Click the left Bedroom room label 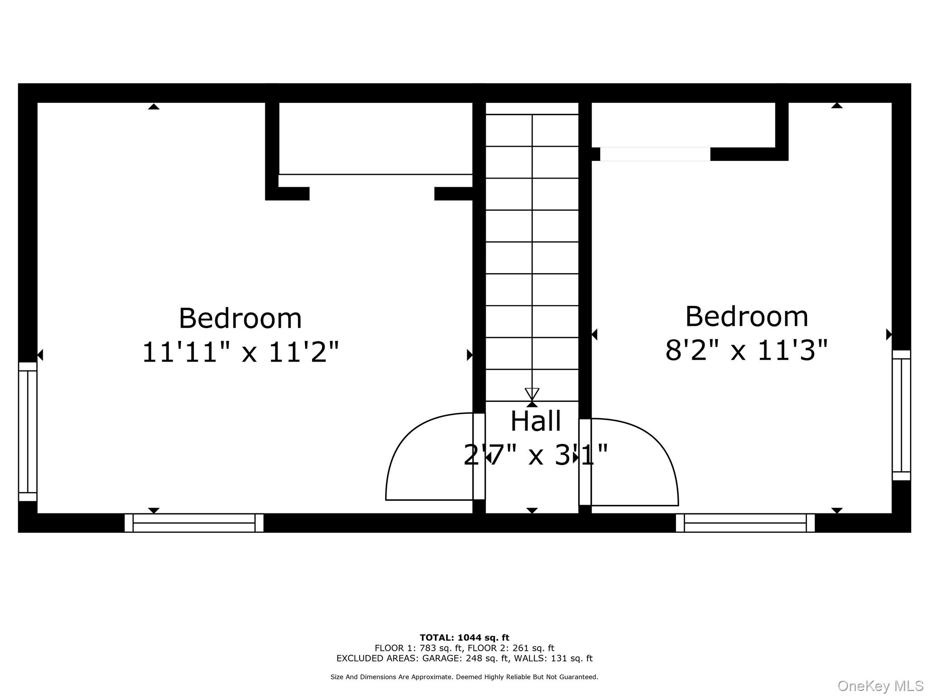pos(240,318)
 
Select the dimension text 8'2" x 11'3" pos(746,350)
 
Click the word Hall pos(535,421)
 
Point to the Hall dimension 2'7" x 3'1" pos(535,455)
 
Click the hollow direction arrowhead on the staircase pos(532,393)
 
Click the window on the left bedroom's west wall pos(28,431)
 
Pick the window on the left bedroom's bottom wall pos(194,522)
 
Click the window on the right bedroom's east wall pos(901,415)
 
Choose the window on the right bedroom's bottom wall pos(745,522)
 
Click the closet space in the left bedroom pos(375,138)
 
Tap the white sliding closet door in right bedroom pos(655,154)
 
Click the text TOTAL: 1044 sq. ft pos(464,638)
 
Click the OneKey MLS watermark pos(880,686)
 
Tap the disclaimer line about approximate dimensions pos(464,677)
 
